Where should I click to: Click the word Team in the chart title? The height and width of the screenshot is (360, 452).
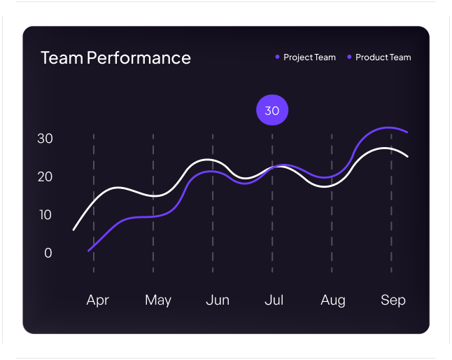click(x=62, y=58)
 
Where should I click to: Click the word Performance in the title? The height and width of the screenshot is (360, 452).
click(x=139, y=58)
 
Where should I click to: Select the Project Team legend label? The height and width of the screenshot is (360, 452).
click(x=309, y=57)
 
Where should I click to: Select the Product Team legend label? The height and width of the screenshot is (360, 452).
click(x=383, y=57)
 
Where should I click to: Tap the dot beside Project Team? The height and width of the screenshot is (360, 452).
click(x=277, y=57)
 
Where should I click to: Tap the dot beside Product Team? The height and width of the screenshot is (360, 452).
click(x=349, y=57)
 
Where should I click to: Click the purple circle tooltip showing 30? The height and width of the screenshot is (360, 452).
click(x=272, y=111)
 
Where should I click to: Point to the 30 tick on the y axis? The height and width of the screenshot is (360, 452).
click(x=45, y=139)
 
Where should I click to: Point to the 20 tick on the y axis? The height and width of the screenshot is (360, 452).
click(x=45, y=176)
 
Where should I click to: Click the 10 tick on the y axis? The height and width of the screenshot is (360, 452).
click(x=45, y=215)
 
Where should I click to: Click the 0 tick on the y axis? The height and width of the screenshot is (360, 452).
click(x=48, y=253)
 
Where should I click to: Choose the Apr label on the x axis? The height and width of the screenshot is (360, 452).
click(x=98, y=300)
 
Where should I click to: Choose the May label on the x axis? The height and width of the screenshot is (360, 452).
click(x=158, y=300)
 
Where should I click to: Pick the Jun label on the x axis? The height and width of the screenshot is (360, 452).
click(x=218, y=300)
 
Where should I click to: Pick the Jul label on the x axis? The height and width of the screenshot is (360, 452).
click(x=274, y=300)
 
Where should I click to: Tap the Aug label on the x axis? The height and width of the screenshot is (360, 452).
click(x=333, y=300)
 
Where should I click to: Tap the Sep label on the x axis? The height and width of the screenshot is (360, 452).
click(x=393, y=300)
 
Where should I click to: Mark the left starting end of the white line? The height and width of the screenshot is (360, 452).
click(x=74, y=229)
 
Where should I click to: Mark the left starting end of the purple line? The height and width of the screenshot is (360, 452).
click(x=89, y=250)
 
